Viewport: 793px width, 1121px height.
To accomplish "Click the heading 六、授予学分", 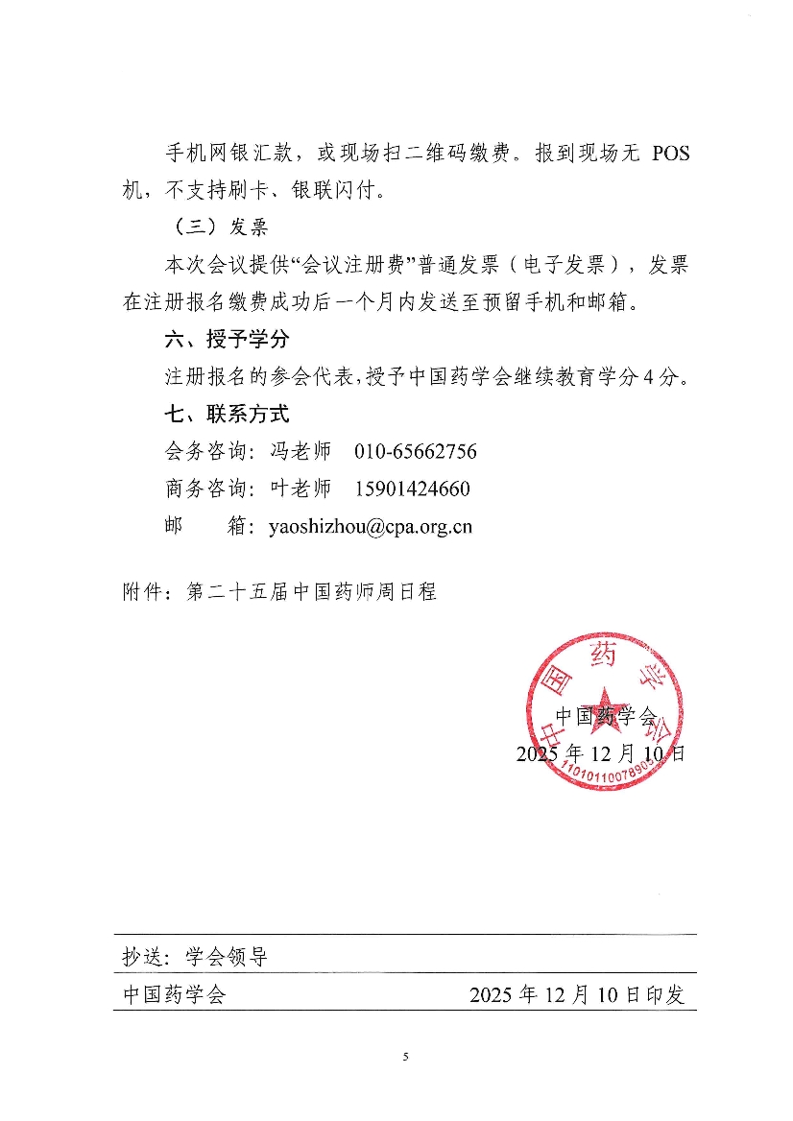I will tap(228, 340).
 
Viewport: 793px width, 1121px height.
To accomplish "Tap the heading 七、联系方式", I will tap(228, 415).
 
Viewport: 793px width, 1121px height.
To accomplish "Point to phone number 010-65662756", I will tap(415, 452).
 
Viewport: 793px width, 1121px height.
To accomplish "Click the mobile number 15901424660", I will tap(412, 489).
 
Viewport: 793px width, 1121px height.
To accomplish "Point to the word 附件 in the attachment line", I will tap(142, 592).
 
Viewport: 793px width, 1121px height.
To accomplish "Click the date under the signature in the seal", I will tap(600, 753).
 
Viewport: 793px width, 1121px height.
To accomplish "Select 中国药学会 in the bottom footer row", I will tap(174, 995).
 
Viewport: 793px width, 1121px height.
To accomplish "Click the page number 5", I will tap(405, 1058).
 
